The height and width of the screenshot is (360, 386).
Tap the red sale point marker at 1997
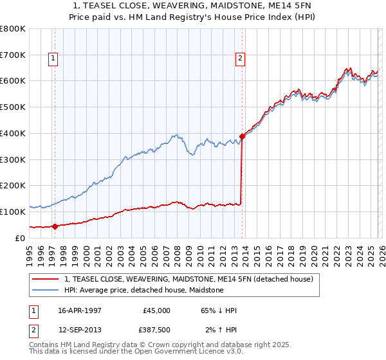tap(55, 226)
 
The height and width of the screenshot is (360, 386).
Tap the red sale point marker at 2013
tap(242, 136)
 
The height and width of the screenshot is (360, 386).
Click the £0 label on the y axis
tap(20, 238)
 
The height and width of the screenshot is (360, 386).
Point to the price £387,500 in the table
tap(156, 330)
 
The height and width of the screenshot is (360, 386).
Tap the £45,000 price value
tap(156, 310)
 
